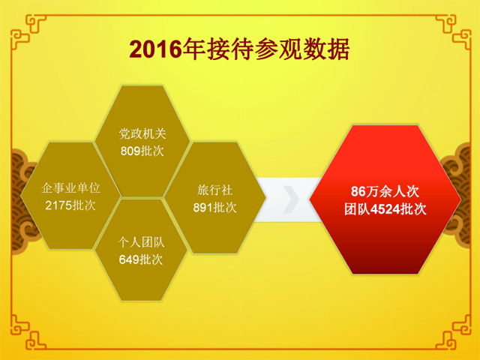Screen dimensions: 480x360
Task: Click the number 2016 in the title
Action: (x=155, y=49)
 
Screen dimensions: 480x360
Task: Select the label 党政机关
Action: (x=142, y=134)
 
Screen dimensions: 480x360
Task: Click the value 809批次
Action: (x=142, y=151)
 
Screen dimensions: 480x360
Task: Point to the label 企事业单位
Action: (x=70, y=188)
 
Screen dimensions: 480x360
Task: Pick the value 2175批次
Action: (x=70, y=205)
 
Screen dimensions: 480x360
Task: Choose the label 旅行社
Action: (x=215, y=190)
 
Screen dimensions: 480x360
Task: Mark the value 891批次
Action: (x=215, y=208)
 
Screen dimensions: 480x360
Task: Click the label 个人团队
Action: (x=141, y=242)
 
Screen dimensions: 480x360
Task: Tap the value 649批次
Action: (x=141, y=259)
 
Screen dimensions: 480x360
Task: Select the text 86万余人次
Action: (x=385, y=192)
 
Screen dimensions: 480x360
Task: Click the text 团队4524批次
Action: (x=385, y=209)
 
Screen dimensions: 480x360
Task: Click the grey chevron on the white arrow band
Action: (x=291, y=199)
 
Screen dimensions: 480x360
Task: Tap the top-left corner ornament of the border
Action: (x=28, y=32)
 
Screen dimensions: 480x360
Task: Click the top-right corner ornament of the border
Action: (x=453, y=32)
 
